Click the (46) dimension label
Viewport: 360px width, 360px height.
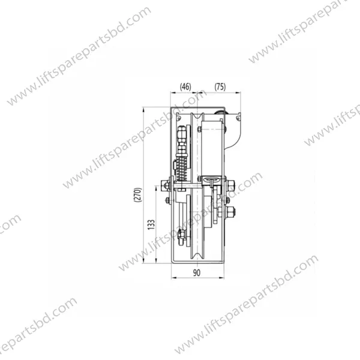(x=185, y=87)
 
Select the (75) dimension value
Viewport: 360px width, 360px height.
(x=220, y=87)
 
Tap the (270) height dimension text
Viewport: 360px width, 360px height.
(x=138, y=195)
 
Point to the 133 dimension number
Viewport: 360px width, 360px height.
(x=151, y=224)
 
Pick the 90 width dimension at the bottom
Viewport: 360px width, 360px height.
(x=197, y=273)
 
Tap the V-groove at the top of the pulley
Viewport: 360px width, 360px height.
(x=197, y=116)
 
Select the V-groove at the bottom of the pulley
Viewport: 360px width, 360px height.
(x=197, y=256)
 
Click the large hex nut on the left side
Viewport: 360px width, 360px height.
(x=164, y=185)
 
